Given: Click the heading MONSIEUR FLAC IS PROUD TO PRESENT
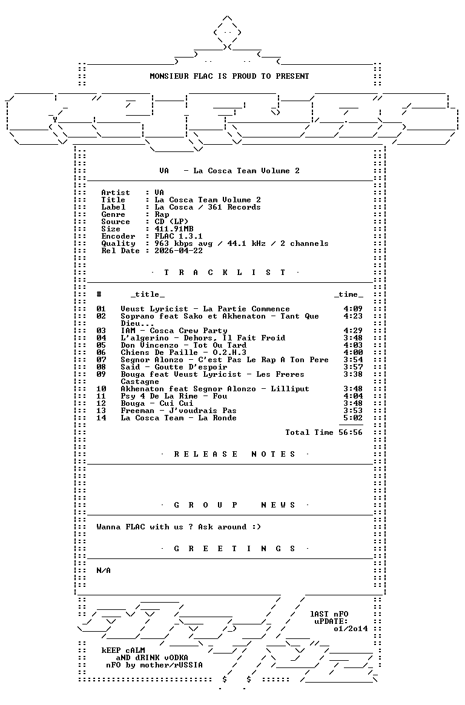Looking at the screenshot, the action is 229,76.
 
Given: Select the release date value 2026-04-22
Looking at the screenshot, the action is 179,251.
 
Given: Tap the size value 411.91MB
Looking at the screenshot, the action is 174,229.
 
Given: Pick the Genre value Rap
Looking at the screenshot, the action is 162,214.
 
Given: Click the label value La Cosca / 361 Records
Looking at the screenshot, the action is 208,207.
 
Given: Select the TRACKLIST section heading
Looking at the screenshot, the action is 225,273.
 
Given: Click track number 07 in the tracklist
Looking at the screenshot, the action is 101,360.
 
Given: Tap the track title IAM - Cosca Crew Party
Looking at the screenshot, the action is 174,331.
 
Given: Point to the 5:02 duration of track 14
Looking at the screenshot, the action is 352,418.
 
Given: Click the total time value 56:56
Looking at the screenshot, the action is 352,432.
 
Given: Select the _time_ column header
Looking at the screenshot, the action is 348,294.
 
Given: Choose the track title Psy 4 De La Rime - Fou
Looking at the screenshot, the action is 174,396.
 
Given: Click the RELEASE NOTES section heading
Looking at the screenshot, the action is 234,454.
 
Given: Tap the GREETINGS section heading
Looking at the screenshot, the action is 234,549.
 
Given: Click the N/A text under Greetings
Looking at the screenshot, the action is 104,571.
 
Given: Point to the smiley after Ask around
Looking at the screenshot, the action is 256,527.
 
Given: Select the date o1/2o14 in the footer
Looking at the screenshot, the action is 351,629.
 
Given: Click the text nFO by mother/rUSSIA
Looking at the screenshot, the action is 154,665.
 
